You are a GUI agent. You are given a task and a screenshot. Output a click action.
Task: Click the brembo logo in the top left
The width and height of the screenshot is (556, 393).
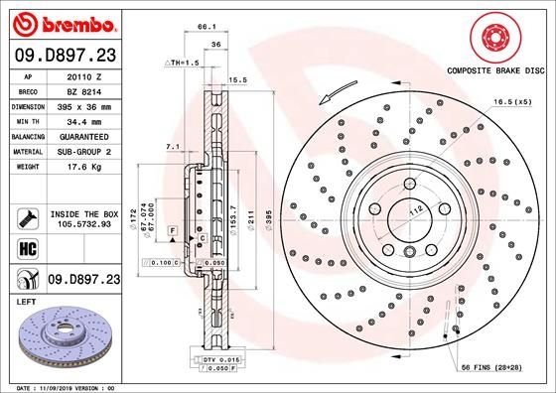(x=63, y=23)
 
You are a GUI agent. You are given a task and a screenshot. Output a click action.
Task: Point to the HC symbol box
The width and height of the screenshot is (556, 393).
(x=27, y=245)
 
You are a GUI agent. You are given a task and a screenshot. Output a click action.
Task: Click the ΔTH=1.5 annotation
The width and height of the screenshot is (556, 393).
(x=182, y=62)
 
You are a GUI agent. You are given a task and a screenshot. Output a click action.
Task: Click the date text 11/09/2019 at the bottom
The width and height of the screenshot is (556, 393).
(x=66, y=386)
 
